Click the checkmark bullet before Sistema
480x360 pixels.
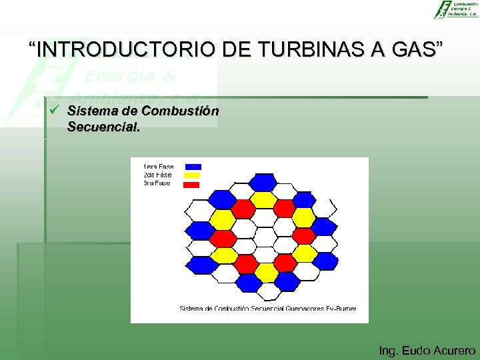click(x=55, y=110)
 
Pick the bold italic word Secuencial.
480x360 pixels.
click(x=104, y=126)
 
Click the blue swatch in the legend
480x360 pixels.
click(x=192, y=167)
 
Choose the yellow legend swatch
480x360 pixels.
click(x=192, y=175)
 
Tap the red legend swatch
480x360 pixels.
click(x=192, y=183)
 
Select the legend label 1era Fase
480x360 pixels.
click(x=158, y=167)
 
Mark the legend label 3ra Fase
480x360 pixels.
click(x=157, y=183)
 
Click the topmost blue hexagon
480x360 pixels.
click(x=265, y=181)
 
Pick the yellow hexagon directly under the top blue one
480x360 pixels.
click(x=265, y=199)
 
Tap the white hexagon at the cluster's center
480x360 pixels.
click(x=265, y=236)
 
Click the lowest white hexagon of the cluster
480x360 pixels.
click(x=265, y=291)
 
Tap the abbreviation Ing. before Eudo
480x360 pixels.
click(x=389, y=350)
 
